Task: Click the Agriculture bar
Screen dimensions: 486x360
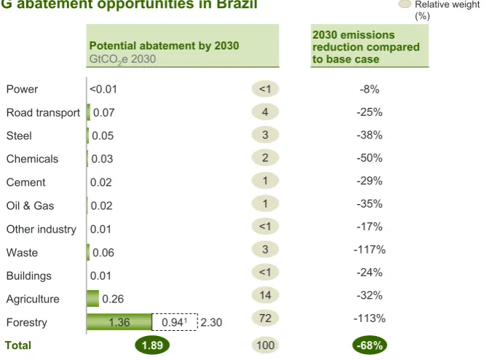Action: pyautogui.click(x=93, y=298)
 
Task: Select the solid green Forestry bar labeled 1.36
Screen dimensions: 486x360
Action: pyautogui.click(x=119, y=322)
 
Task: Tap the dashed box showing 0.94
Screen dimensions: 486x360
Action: pyautogui.click(x=175, y=322)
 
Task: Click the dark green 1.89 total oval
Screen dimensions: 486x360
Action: pyautogui.click(x=152, y=345)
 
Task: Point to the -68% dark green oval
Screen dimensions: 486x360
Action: pyautogui.click(x=369, y=345)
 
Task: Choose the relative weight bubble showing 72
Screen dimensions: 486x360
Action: pyautogui.click(x=265, y=318)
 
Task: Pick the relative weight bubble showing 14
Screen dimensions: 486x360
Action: pyautogui.click(x=265, y=295)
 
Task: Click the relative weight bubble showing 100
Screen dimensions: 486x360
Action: pyautogui.click(x=265, y=345)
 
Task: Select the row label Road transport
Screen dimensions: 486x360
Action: pyautogui.click(x=43, y=112)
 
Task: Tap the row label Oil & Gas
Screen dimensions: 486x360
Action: pyautogui.click(x=30, y=206)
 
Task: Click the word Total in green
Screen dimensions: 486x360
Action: pyautogui.click(x=18, y=345)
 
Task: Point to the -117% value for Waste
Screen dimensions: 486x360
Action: pyautogui.click(x=369, y=249)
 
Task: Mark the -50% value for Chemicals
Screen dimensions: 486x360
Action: pyautogui.click(x=369, y=158)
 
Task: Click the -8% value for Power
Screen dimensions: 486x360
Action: pyautogui.click(x=369, y=90)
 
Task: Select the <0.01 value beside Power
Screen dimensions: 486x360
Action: pyautogui.click(x=103, y=90)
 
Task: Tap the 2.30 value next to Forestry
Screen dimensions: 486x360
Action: pyautogui.click(x=211, y=323)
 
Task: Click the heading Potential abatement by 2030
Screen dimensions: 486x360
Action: pyautogui.click(x=164, y=46)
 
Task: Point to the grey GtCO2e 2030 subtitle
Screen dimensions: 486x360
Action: pyautogui.click(x=122, y=59)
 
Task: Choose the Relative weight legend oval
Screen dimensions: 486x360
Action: pyautogui.click(x=404, y=4)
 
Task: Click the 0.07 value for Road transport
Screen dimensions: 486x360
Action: pyautogui.click(x=104, y=112)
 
